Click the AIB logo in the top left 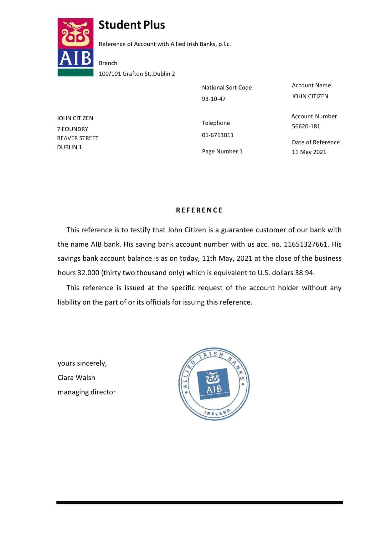click(75, 47)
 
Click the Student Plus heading click(132, 25)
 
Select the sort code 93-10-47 click(214, 99)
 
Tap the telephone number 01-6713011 click(218, 135)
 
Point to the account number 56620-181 click(306, 126)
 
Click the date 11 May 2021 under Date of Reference click(309, 152)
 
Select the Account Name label click(311, 85)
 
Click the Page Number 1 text click(222, 151)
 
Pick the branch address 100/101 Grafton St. click(137, 74)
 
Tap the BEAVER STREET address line click(78, 138)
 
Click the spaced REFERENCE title click(199, 210)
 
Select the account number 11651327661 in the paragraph click(306, 244)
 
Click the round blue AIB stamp click(214, 384)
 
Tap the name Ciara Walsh click(76, 378)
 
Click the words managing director click(86, 392)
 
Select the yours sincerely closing click(82, 363)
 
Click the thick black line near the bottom click(199, 502)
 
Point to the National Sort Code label click(227, 88)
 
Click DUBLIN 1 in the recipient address click(69, 147)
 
